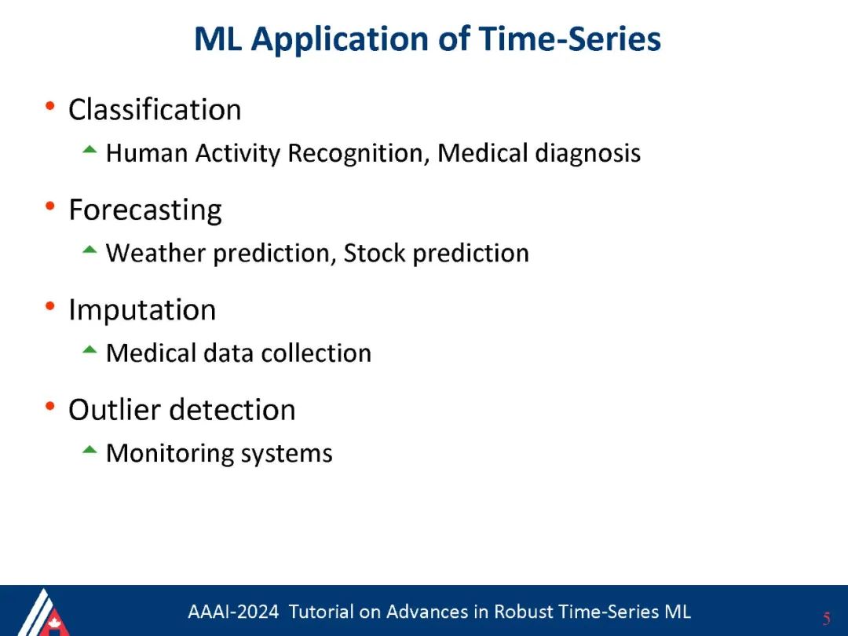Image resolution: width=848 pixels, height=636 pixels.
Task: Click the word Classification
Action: pos(155,110)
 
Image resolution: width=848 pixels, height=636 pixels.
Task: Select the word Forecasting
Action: pos(145,210)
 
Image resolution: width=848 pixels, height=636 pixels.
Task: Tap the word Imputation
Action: pos(142,311)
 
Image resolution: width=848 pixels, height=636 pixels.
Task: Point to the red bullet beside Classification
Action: pos(50,105)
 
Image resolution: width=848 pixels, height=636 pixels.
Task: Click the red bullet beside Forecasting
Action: pos(50,206)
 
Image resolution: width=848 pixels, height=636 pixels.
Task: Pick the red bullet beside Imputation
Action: pos(50,306)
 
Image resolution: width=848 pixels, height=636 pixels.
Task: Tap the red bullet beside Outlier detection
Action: pos(50,406)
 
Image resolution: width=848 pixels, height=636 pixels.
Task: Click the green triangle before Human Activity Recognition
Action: pos(90,150)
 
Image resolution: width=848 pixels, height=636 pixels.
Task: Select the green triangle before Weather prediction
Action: pos(90,250)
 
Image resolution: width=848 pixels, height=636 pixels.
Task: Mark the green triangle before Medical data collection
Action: pos(90,350)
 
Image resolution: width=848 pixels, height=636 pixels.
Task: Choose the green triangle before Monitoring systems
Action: pos(90,450)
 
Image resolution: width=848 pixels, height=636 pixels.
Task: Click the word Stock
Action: pos(375,253)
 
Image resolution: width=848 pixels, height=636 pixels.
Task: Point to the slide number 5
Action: pos(826,618)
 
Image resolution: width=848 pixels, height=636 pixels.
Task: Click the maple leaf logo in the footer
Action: pos(54,623)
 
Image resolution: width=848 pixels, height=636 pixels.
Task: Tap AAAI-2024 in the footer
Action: pos(233,612)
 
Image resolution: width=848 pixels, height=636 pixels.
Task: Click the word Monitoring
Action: pos(170,454)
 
